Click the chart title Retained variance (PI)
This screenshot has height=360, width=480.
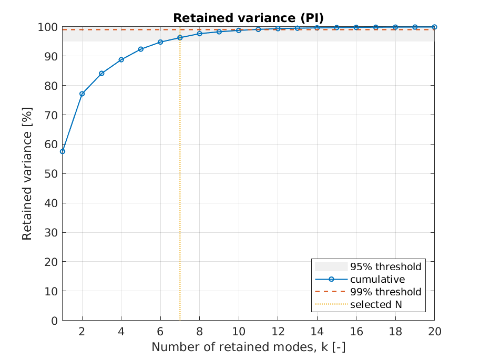click(x=248, y=18)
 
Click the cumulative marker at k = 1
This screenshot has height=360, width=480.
click(x=63, y=151)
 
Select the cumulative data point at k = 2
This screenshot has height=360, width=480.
click(x=82, y=94)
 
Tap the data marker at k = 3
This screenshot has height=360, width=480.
click(x=101, y=73)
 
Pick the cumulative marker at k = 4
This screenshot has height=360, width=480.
click(x=121, y=59)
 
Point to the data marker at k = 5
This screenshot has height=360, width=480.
click(x=141, y=49)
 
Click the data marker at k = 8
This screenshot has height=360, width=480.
click(x=200, y=33)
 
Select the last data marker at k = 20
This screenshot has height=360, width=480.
click(x=434, y=27)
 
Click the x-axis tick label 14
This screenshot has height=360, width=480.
click(x=317, y=332)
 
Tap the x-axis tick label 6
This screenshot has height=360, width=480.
click(x=160, y=332)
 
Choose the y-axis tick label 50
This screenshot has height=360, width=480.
click(x=51, y=173)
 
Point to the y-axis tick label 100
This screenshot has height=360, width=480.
click(x=48, y=27)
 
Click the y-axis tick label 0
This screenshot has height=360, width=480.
click(x=54, y=320)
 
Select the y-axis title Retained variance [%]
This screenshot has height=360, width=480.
click(x=27, y=173)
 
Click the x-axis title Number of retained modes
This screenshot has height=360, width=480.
click(x=248, y=347)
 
